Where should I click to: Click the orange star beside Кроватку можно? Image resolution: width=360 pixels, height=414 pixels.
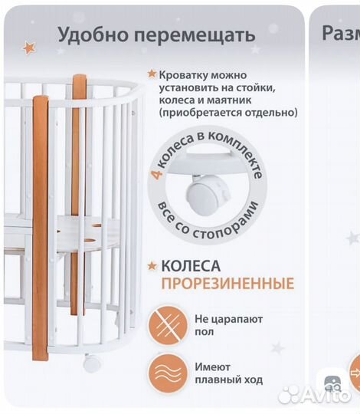pyautogui.click(x=152, y=74)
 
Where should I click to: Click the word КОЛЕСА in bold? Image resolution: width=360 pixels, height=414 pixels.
pyautogui.click(x=191, y=267)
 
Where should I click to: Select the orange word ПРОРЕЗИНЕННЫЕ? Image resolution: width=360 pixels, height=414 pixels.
pyautogui.click(x=227, y=284)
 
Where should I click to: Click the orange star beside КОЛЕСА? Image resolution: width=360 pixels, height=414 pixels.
pyautogui.click(x=152, y=266)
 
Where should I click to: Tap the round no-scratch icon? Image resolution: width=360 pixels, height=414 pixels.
pyautogui.click(x=169, y=324)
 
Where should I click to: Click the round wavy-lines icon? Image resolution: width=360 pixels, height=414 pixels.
pyautogui.click(x=169, y=373)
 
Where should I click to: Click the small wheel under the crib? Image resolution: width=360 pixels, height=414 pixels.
pyautogui.click(x=91, y=363)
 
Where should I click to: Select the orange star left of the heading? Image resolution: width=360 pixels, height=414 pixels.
pyautogui.click(x=29, y=48)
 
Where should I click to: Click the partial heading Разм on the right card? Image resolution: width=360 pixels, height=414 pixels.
pyautogui.click(x=340, y=34)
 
